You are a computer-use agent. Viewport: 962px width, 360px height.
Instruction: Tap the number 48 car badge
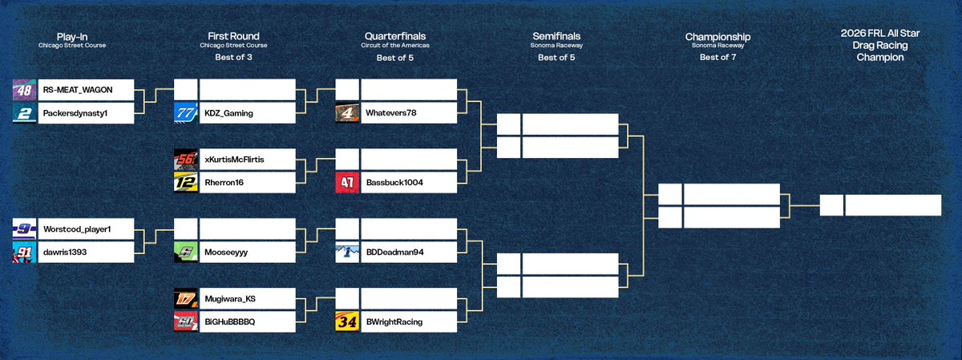click(x=25, y=89)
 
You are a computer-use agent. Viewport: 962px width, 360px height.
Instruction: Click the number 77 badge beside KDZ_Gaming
click(x=186, y=113)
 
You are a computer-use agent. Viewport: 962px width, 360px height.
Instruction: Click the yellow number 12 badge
click(x=186, y=183)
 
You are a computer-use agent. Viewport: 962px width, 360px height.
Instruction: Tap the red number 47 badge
click(x=347, y=183)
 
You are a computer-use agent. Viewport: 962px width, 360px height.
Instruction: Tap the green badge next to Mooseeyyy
click(x=186, y=253)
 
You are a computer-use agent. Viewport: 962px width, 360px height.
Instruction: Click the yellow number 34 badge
click(x=347, y=322)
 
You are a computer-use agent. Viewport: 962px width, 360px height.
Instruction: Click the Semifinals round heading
click(x=556, y=36)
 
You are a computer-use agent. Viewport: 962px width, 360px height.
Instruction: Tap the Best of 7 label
click(x=717, y=57)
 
